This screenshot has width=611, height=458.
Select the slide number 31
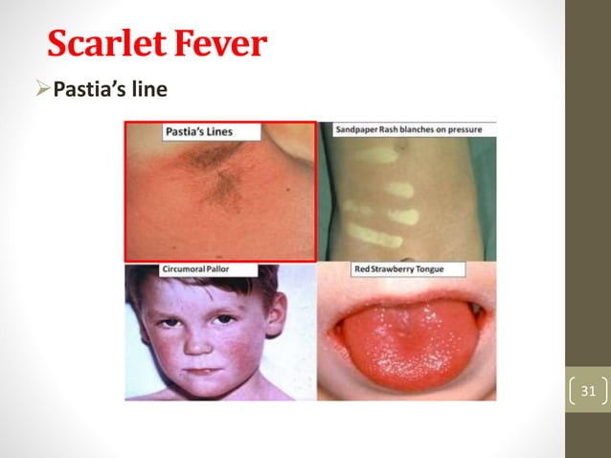[588, 391]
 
